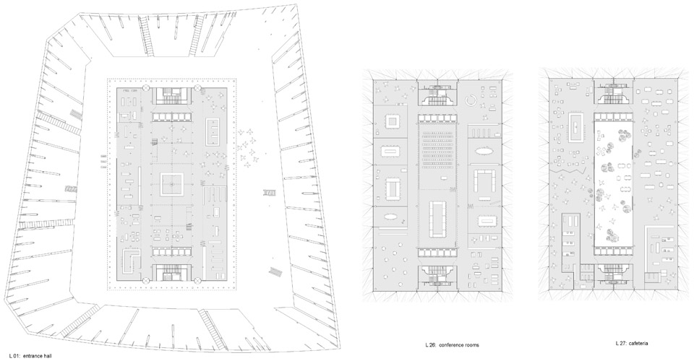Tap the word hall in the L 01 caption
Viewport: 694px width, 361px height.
click(x=48, y=355)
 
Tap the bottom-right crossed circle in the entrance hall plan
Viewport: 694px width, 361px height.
click(x=197, y=279)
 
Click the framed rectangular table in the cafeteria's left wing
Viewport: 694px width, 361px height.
click(x=575, y=127)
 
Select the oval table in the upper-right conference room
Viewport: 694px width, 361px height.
click(x=486, y=152)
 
